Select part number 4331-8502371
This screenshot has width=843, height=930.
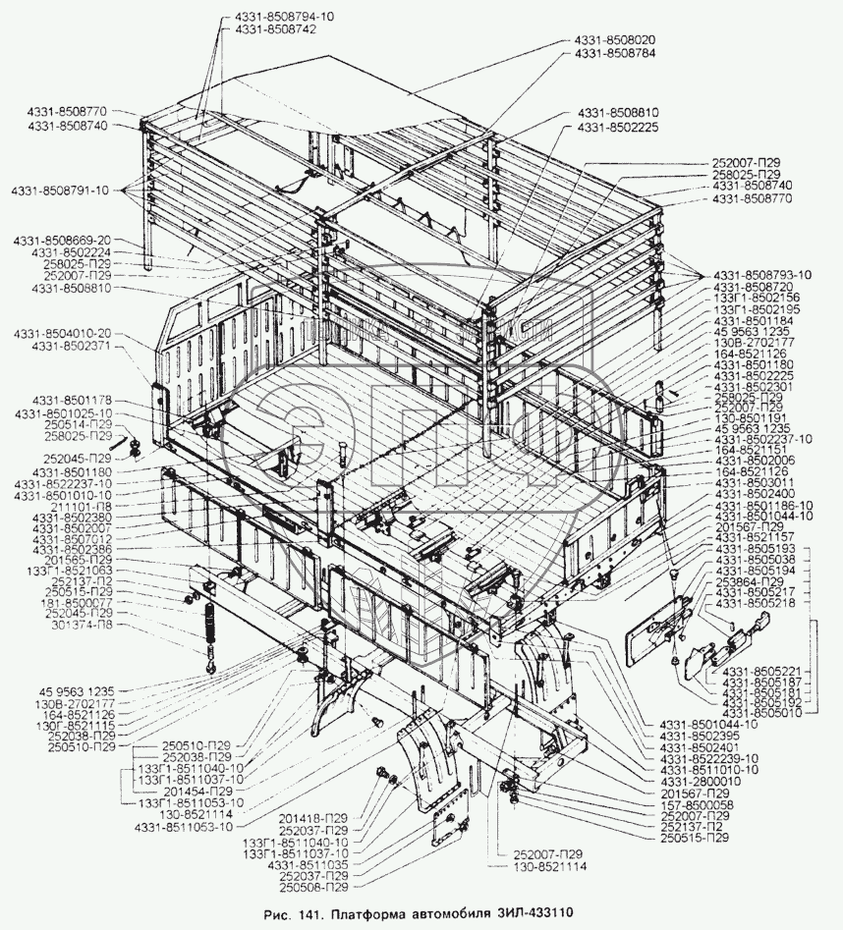coord(77,347)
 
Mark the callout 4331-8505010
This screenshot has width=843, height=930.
coord(759,714)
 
